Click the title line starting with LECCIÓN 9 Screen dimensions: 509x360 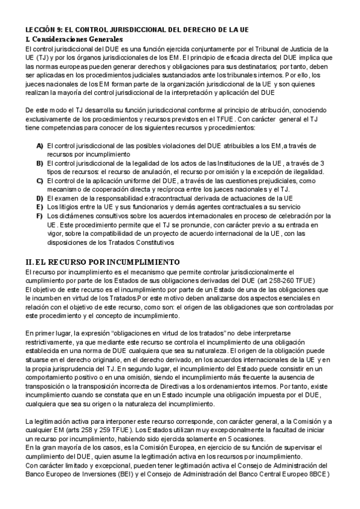[x=137, y=29]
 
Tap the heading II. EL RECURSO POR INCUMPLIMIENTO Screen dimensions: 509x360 [x=103, y=262]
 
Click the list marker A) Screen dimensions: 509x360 [x=40, y=146]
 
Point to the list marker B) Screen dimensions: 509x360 [x=40, y=163]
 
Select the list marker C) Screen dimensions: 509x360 [x=40, y=181]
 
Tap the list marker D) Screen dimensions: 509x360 [x=40, y=198]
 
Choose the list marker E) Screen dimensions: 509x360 [x=40, y=207]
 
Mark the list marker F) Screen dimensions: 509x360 [x=40, y=215]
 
